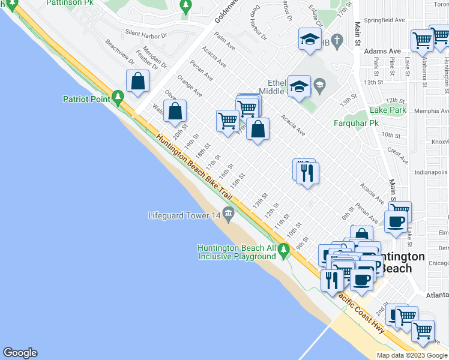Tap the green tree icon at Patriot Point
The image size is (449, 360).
[x=118, y=96]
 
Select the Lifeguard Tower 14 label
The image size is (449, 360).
[x=184, y=215]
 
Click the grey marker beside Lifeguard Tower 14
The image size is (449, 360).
[x=228, y=214]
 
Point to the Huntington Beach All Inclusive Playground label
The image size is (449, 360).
[x=237, y=252]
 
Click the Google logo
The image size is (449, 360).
[x=20, y=353]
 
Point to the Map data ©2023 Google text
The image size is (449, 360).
[x=412, y=355]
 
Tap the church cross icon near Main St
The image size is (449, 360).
[x=337, y=41]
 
